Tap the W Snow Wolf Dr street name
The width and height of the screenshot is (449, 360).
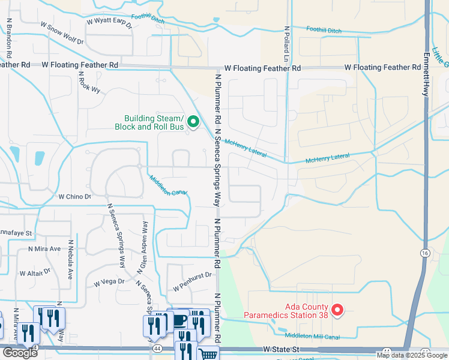click(62, 32)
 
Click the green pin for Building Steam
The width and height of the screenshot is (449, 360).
click(193, 122)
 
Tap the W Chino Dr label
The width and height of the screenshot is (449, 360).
click(74, 196)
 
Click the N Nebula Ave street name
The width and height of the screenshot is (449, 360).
click(70, 260)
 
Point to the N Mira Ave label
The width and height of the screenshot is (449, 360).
click(44, 248)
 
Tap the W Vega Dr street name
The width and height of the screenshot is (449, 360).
click(109, 281)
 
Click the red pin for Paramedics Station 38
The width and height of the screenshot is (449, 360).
click(337, 310)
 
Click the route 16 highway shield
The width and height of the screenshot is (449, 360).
click(425, 254)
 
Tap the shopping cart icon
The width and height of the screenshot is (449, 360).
click(208, 354)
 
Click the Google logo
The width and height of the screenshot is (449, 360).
click(19, 353)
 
